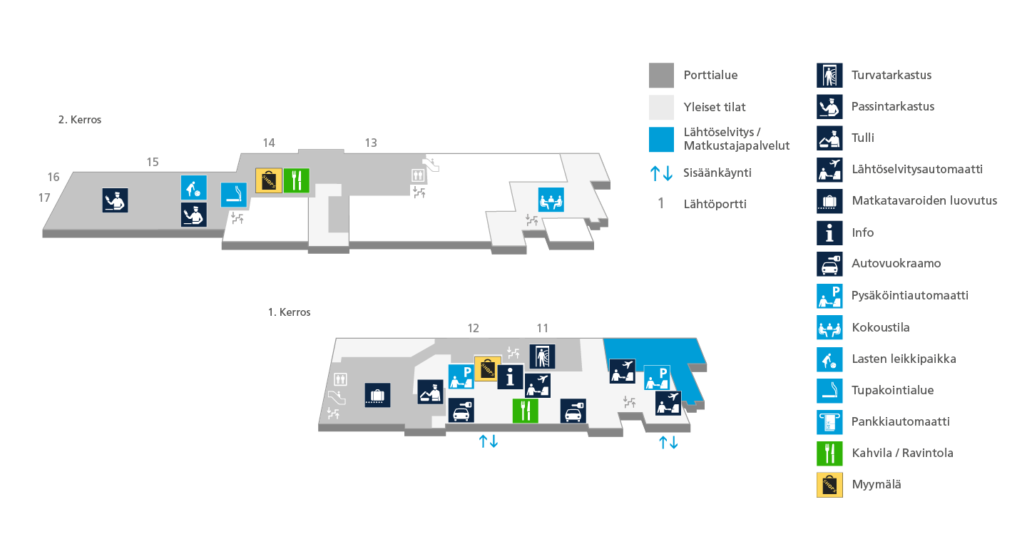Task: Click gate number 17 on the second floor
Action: pos(44,198)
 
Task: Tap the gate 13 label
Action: pos(371,143)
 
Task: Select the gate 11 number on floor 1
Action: pos(542,328)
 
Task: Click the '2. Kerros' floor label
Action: pos(80,120)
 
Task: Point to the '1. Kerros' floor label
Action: pos(290,312)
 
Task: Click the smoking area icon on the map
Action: pos(234,195)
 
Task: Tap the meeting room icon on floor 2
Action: pos(551,200)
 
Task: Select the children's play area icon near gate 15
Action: pos(193,188)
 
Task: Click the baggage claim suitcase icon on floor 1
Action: pos(377,395)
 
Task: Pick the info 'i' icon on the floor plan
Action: pos(510,377)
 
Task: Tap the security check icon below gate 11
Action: pos(542,356)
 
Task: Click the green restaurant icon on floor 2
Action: pos(296,180)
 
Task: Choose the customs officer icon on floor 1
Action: pos(431,392)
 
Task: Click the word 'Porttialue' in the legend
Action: pos(710,75)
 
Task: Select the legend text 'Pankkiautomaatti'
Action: pos(901,421)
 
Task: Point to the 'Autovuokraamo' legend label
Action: pos(896,264)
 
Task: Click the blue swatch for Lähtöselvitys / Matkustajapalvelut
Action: pos(661,139)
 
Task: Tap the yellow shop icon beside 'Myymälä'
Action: pos(829,485)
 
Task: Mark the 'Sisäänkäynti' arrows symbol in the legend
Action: pos(661,173)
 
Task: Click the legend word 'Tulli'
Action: pos(863,138)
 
